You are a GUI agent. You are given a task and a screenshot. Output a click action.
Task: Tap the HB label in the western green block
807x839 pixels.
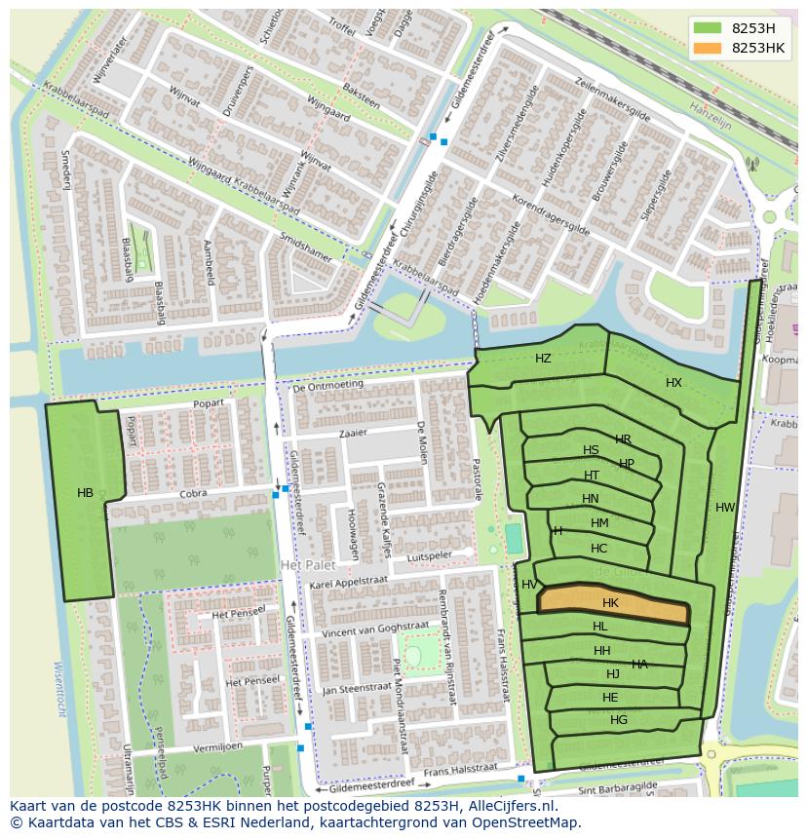(86, 493)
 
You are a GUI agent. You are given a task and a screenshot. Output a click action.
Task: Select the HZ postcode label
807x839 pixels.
(543, 359)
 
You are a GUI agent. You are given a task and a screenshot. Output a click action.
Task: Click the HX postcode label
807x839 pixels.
(673, 383)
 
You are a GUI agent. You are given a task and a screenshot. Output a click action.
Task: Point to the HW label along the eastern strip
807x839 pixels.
(725, 508)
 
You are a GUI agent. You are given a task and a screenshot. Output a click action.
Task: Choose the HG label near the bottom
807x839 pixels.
(619, 720)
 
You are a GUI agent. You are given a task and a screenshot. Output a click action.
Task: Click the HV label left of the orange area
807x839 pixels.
(529, 585)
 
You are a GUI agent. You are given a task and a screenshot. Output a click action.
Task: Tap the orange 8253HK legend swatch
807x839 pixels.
(708, 47)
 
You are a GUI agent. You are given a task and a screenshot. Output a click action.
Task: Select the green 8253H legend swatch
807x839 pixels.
(708, 28)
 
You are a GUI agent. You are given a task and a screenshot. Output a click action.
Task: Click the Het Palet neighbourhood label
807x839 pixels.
(307, 565)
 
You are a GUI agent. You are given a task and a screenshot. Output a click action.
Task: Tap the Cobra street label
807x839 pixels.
(193, 494)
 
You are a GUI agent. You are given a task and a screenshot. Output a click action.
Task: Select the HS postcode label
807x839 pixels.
(591, 450)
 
